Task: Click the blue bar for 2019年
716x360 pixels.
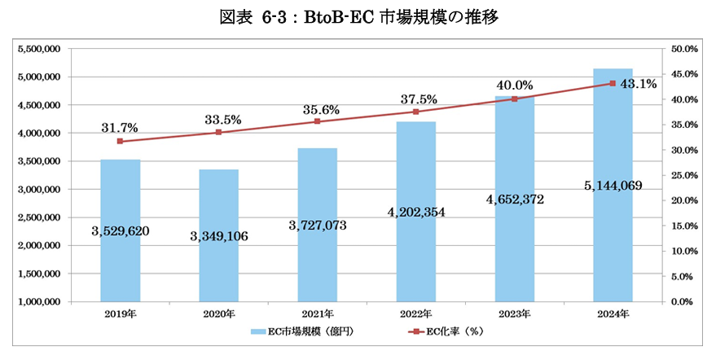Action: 120,195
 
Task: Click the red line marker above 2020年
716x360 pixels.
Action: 218,132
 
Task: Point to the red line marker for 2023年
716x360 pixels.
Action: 514,99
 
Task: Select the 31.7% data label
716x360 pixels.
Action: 120,128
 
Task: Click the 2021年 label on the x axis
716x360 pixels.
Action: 317,314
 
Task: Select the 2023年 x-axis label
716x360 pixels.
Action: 514,314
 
